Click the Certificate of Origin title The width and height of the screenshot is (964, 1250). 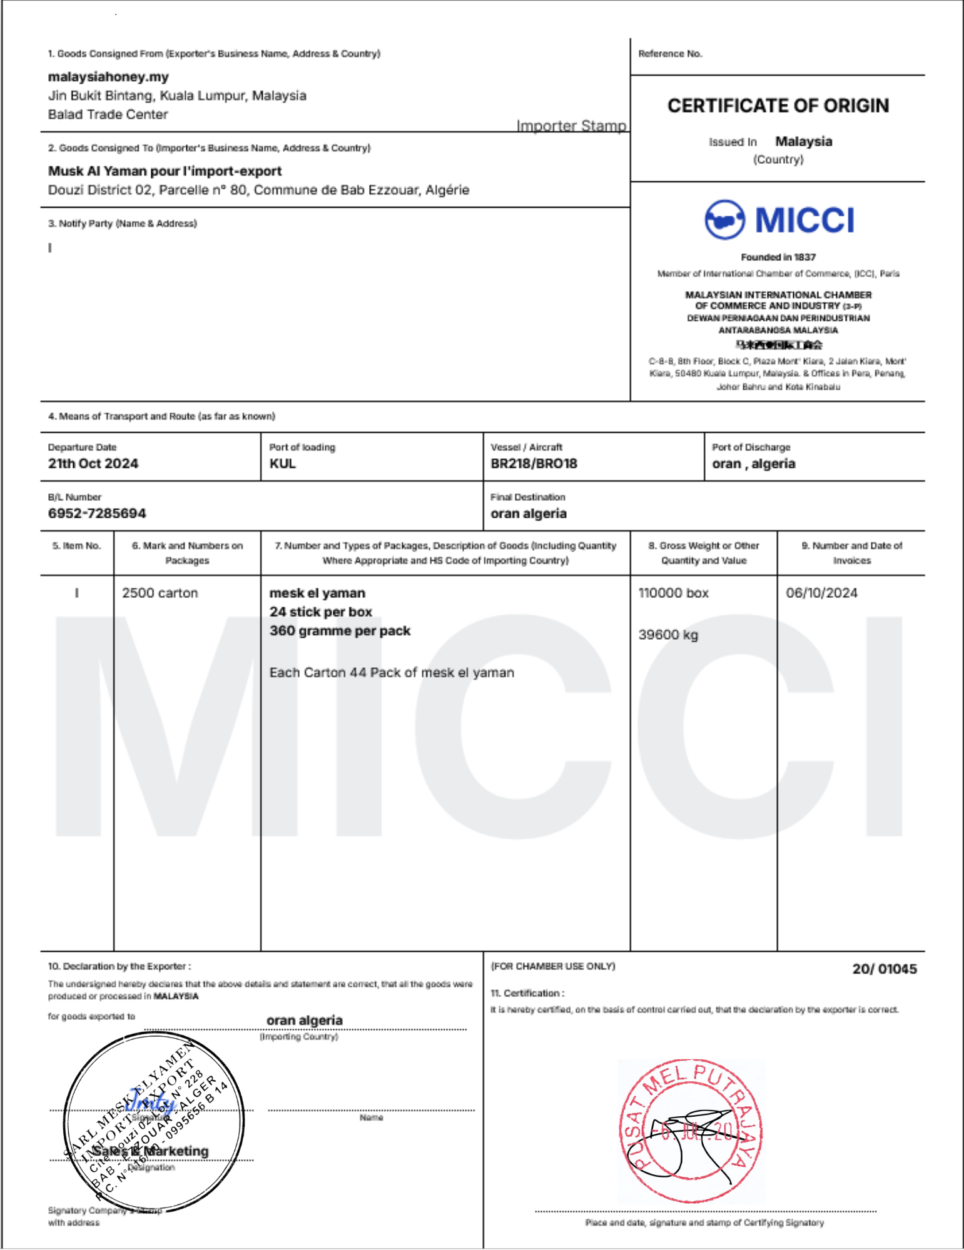778,106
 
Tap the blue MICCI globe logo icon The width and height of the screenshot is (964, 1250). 724,219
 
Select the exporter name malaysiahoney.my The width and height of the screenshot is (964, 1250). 108,77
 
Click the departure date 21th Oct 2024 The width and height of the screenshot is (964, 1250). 93,463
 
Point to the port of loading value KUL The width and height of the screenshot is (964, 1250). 283,463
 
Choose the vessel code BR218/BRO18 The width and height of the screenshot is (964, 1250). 534,463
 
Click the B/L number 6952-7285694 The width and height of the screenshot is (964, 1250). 97,513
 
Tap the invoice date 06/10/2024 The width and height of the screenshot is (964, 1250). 821,593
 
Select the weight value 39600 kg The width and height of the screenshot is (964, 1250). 668,635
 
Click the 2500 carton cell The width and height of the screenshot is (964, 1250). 160,593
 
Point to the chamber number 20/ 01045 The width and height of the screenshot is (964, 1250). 884,969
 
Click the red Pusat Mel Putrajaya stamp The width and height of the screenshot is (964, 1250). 691,1131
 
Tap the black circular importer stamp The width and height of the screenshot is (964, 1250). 154,1122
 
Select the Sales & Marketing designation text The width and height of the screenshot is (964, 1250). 151,1151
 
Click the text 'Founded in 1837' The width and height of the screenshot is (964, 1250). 778,257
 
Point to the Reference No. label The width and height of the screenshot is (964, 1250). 670,54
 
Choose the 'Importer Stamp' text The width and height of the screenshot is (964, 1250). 571,126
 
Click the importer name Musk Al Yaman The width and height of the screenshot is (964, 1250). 165,171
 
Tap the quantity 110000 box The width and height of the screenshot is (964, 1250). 673,593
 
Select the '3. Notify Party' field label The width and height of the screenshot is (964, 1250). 123,223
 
